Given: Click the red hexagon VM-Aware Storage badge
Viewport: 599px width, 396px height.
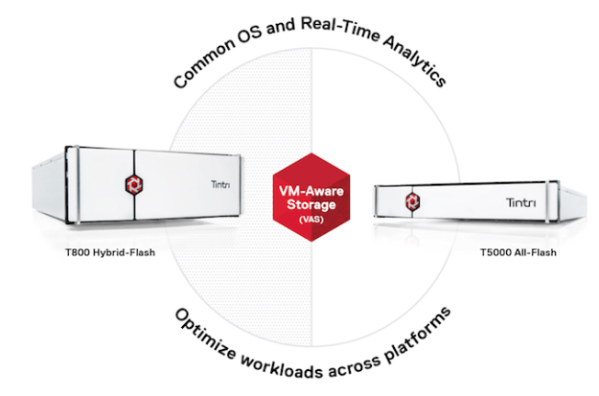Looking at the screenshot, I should click(302, 198).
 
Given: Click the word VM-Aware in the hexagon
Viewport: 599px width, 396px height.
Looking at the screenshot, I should click(301, 189).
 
